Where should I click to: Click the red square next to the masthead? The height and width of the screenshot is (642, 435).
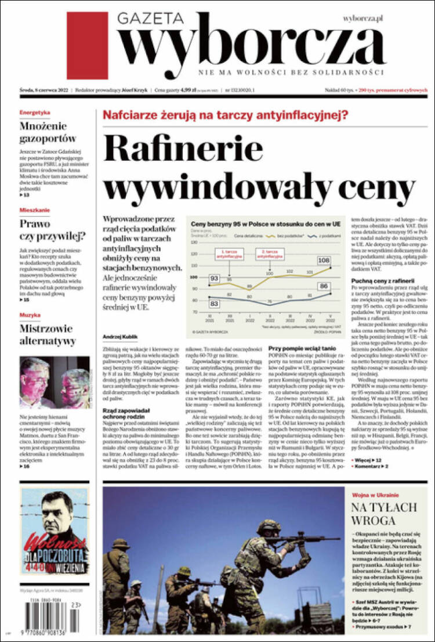coord(87,45)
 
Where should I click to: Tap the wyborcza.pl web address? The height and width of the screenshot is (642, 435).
coord(363,19)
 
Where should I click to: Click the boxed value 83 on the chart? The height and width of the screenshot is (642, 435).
coord(214,304)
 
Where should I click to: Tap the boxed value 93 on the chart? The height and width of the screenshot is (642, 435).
coord(214,279)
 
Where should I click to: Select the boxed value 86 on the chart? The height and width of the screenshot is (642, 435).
coord(324,286)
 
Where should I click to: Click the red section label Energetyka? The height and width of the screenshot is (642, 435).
coord(35,112)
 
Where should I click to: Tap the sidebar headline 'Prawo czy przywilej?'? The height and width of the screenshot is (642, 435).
coord(52,229)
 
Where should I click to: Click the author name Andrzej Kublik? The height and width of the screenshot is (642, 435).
coord(120,337)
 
